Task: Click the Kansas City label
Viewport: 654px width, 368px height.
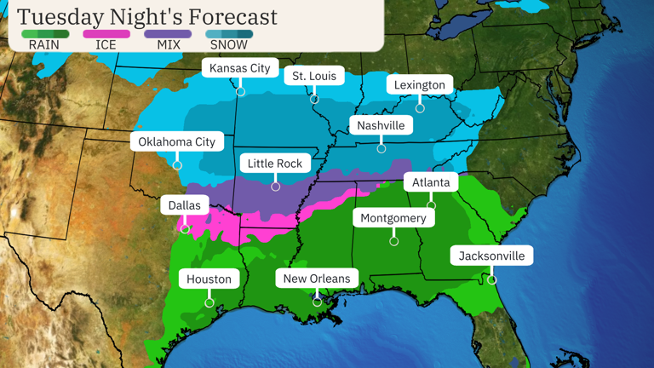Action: pos(240,68)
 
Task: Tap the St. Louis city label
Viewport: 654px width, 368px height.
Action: pos(314,76)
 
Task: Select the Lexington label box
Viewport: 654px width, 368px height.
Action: pos(420,85)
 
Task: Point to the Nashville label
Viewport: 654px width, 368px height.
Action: pos(381,125)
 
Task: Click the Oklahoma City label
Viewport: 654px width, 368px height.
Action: pos(177,141)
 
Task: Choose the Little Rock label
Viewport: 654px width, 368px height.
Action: pos(275,163)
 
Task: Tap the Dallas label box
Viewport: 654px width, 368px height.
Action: pos(185,205)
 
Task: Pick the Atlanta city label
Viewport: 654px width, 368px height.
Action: pos(431,182)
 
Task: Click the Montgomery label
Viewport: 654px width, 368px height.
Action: pos(393,218)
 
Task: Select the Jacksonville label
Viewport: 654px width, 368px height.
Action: pos(491,256)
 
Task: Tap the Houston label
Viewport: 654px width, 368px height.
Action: pos(209,279)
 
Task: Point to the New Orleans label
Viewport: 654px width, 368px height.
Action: pos(317,279)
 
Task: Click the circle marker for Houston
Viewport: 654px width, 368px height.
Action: pos(209,302)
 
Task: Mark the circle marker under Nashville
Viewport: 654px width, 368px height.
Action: pos(381,149)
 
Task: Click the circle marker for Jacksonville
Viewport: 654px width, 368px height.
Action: pos(492,279)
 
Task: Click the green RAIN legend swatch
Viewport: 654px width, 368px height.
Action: pos(44,34)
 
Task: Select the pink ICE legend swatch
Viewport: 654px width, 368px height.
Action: pos(106,34)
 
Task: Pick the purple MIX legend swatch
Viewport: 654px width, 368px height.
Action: pos(168,34)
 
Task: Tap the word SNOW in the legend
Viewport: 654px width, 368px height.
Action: pos(229,45)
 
